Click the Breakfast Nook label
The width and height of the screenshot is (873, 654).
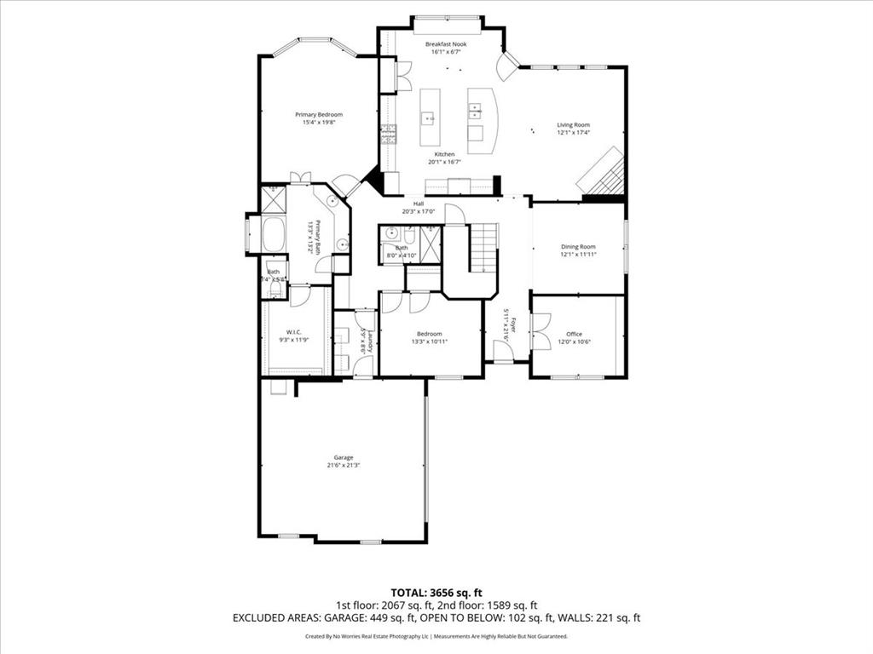point(446,43)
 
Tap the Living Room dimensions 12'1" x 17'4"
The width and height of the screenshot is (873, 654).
point(574,133)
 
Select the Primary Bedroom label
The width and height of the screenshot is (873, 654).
point(319,115)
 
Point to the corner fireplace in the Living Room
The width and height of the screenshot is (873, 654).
point(604,173)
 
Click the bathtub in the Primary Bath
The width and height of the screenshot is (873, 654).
point(273,234)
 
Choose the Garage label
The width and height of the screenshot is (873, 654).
point(344,457)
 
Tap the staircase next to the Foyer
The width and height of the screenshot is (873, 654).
point(483,246)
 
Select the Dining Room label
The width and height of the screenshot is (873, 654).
point(578,247)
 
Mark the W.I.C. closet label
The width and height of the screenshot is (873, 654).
point(293,333)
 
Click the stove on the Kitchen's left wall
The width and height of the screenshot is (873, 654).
point(389,134)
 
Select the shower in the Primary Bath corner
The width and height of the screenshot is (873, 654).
point(273,199)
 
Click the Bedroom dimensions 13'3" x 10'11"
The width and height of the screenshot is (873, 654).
point(429,341)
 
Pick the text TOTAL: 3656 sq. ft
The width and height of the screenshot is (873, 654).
point(436,592)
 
